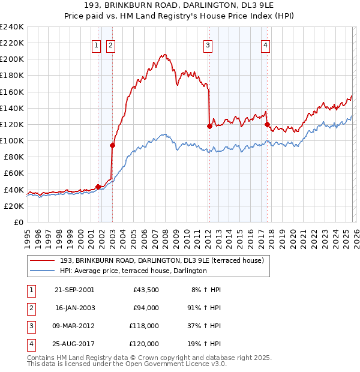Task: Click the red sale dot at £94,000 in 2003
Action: (112, 145)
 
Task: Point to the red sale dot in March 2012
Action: (209, 126)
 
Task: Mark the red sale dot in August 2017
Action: (267, 124)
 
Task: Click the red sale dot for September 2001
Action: (98, 187)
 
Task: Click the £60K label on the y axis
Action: (13, 173)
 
